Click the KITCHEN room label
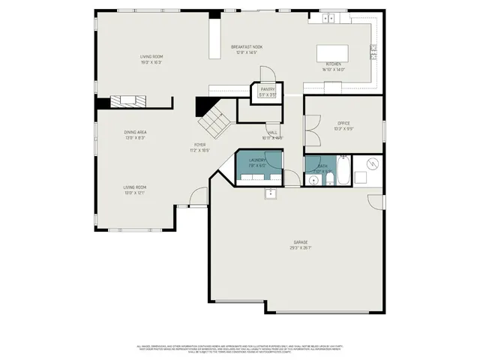click(334, 64)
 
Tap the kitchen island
click(331, 52)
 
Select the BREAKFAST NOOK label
click(247, 47)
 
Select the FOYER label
click(200, 144)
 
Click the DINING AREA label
click(135, 132)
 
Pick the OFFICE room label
click(344, 123)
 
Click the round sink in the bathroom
click(312, 180)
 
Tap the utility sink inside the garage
click(270, 193)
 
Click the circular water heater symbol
click(371, 164)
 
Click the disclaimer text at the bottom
click(240, 349)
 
